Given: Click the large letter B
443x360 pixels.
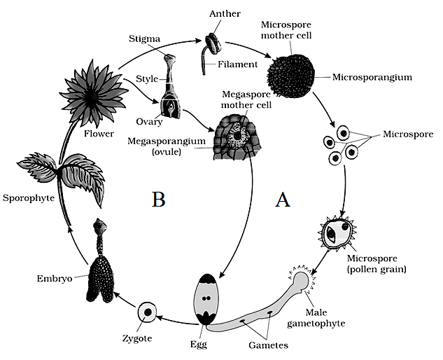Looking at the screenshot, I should pos(158,199).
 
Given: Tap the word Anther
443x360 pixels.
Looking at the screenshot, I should pos(225,13).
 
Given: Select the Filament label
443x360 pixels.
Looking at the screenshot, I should pos(237,64).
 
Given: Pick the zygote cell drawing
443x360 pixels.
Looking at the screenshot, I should pos(147,312).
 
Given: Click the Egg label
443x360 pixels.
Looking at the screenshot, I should pos(199,344).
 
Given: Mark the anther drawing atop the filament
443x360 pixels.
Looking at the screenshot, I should pos(213,43).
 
